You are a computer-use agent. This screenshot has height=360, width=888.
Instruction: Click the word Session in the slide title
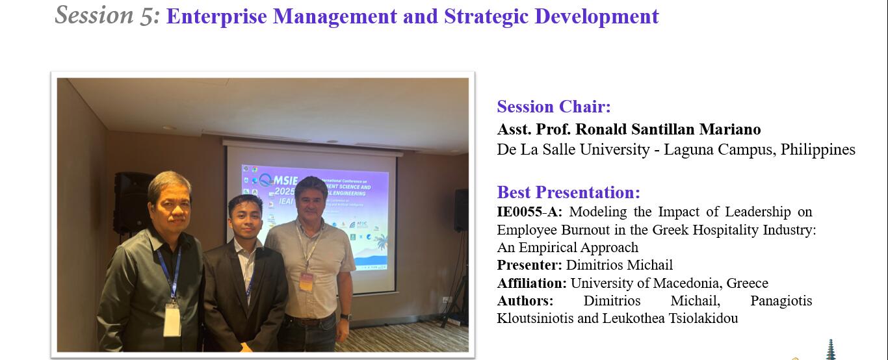coord(94,15)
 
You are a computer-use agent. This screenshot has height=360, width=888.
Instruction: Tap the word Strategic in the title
coord(486,17)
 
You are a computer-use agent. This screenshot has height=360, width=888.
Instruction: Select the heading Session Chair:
coord(554,107)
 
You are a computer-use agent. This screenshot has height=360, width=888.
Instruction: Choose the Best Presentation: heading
coord(568,192)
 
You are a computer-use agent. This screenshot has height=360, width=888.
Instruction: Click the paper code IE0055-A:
coord(530,212)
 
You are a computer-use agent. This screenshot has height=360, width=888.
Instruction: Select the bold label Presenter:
coord(530,265)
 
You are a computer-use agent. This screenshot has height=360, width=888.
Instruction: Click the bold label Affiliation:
coord(532,283)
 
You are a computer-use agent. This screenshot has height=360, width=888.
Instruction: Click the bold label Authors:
coord(525,300)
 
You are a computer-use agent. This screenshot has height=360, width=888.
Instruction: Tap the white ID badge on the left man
coord(172,320)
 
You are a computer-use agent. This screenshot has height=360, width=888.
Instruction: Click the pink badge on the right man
coord(306,281)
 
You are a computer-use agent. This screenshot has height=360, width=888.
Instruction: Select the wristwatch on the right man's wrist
coord(346,318)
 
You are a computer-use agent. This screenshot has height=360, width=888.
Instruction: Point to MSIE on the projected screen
coord(285,181)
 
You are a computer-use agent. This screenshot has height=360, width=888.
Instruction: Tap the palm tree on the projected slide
coord(382,242)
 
